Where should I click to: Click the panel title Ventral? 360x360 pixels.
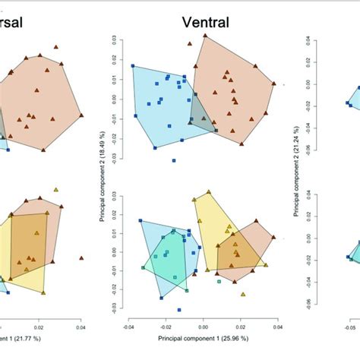coord(205,23)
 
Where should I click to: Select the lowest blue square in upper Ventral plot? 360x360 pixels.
coord(174,160)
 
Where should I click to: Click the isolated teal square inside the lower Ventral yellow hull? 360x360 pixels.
coord(219,281)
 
